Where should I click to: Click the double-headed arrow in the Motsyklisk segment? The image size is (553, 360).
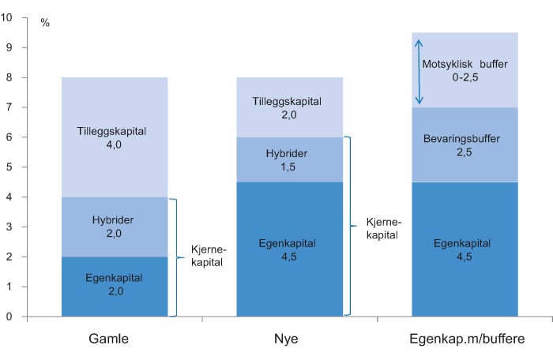[x=419, y=73]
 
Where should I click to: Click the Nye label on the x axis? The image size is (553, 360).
[x=291, y=339]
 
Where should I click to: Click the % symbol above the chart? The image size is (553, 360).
[x=45, y=23]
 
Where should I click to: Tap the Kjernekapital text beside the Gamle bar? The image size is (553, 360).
[x=209, y=257]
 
